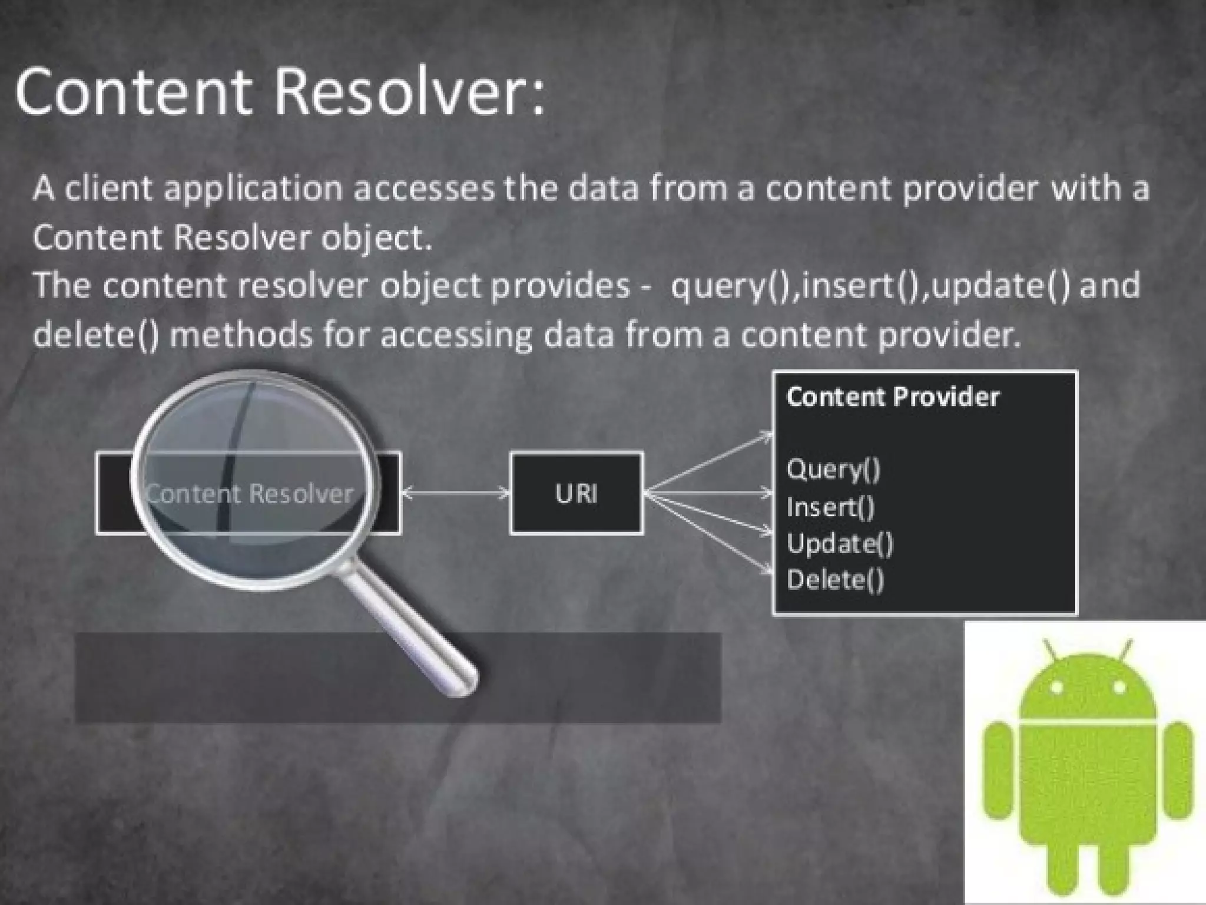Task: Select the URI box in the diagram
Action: click(576, 493)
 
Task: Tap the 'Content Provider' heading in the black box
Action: click(893, 397)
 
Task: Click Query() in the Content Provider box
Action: click(833, 470)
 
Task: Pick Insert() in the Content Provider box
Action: click(830, 507)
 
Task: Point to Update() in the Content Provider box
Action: click(840, 543)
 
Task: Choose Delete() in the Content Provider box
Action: click(835, 580)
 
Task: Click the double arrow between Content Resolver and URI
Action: click(455, 493)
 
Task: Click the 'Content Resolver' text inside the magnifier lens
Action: click(250, 494)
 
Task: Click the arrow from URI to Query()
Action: click(707, 463)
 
